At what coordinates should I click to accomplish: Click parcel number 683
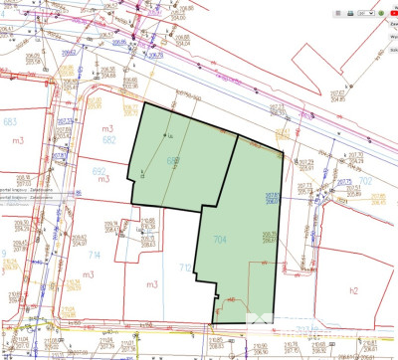click(x=11, y=120)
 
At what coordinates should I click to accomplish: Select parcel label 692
click(x=99, y=170)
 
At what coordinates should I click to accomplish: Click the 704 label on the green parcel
click(x=220, y=239)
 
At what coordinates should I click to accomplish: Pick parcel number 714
click(x=95, y=255)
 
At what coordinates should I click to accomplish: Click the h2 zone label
click(x=352, y=289)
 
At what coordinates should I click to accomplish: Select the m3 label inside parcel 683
click(x=17, y=140)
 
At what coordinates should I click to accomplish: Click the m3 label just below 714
click(x=151, y=285)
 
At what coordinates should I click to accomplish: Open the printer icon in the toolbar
click(x=350, y=13)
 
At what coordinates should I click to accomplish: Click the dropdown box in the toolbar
click(x=365, y=13)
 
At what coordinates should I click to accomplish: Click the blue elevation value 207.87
click(x=269, y=194)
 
